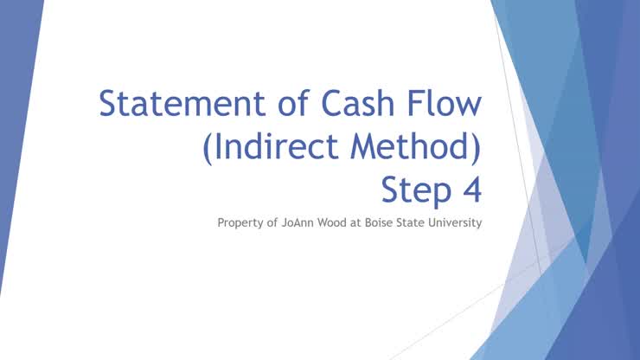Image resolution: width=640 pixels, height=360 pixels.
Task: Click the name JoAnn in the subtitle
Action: point(298,223)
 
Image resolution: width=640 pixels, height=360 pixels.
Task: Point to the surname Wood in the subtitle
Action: point(336,223)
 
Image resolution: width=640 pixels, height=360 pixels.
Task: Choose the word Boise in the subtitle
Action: point(380,223)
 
